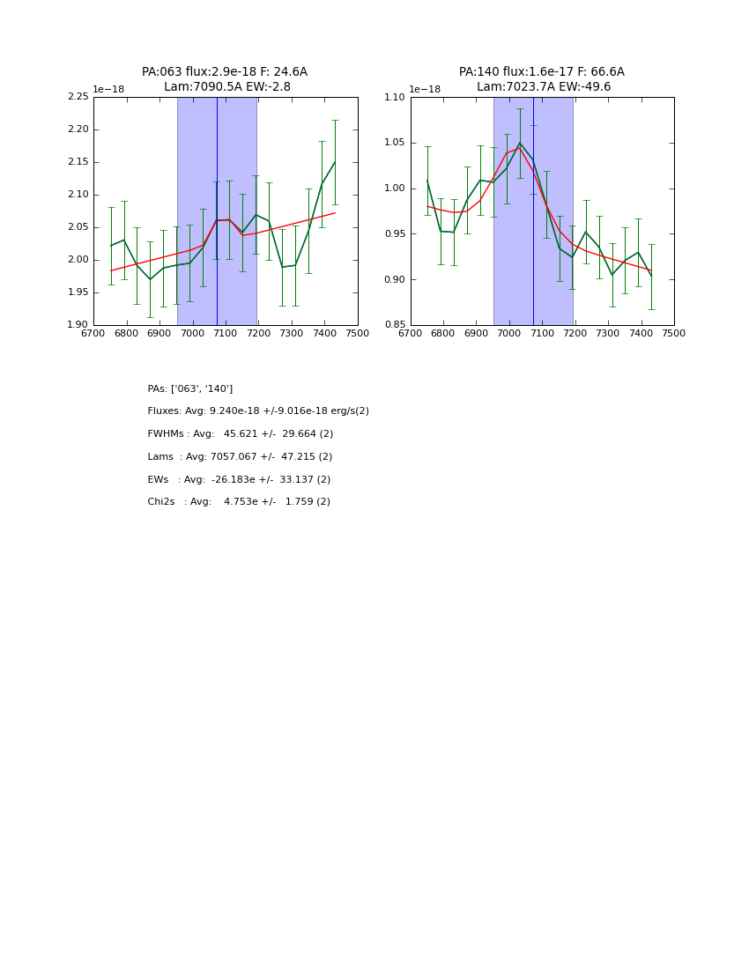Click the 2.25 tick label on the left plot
78,97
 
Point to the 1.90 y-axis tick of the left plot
78,325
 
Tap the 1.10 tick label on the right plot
396,97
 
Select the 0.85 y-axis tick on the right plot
396,325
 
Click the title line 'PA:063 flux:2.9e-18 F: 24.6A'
225,72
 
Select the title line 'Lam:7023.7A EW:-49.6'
544,87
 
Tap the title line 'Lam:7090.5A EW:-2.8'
227,87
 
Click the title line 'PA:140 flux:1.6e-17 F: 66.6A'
541,72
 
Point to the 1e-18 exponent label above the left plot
108,90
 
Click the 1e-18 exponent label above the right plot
425,90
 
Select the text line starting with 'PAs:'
190,388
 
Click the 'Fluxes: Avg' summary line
258,411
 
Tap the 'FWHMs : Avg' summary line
241,434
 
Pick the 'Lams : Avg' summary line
240,457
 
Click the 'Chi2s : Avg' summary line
239,502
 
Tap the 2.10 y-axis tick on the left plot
78,195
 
